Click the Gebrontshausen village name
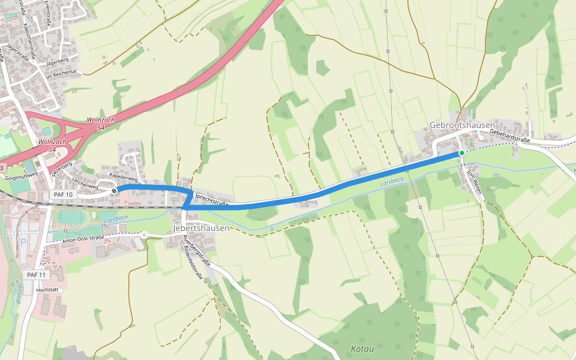(x=462, y=125)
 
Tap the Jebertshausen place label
(x=201, y=229)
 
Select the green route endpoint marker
(x=461, y=154)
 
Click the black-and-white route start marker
(x=114, y=191)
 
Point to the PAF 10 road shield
(x=63, y=194)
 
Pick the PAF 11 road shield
(x=36, y=274)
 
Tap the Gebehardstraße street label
(x=510, y=136)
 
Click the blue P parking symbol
(x=24, y=243)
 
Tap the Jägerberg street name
(x=57, y=61)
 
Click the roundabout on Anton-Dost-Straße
(x=144, y=235)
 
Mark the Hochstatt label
(x=47, y=289)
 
